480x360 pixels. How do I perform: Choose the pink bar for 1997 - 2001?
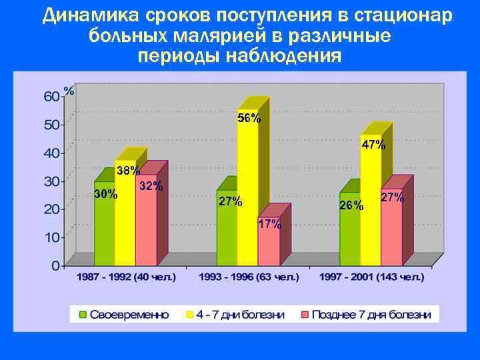[x=391, y=230]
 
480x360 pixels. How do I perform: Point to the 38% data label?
[x=128, y=171]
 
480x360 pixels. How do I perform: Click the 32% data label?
[x=151, y=186]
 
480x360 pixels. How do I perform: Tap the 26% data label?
[x=351, y=205]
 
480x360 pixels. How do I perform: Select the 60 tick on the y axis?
[x=51, y=96]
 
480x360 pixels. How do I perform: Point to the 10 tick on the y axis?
[x=51, y=237]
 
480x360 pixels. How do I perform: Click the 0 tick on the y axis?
[x=55, y=265]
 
